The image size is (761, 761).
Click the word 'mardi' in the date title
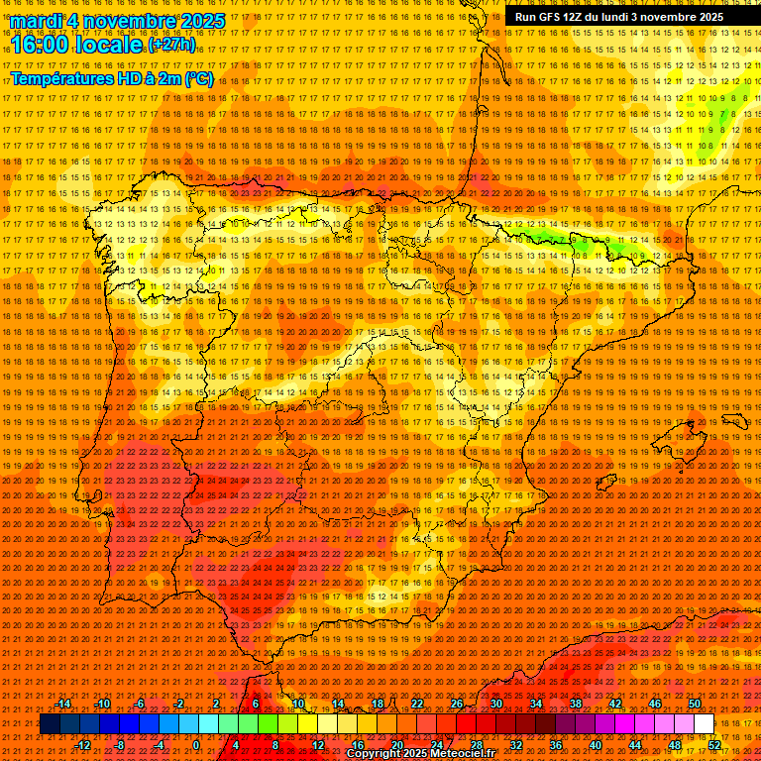pos(37,21)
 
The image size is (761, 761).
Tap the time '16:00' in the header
pos(44,45)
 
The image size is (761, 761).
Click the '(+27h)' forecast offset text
pos(170,45)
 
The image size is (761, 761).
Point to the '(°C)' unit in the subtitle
pos(198,78)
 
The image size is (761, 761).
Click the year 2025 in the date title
pos(196,21)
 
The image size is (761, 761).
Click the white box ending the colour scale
pos(704,724)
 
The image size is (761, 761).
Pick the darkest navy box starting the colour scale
pos(49,724)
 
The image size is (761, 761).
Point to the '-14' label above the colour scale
pos(63,705)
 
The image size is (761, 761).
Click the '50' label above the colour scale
pos(694,705)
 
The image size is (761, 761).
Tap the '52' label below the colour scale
pos(714,745)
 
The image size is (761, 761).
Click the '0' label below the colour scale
pos(196,745)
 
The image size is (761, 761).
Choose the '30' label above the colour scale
pos(495,705)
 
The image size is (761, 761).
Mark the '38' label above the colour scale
pos(575,705)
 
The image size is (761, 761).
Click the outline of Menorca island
pos(735,420)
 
